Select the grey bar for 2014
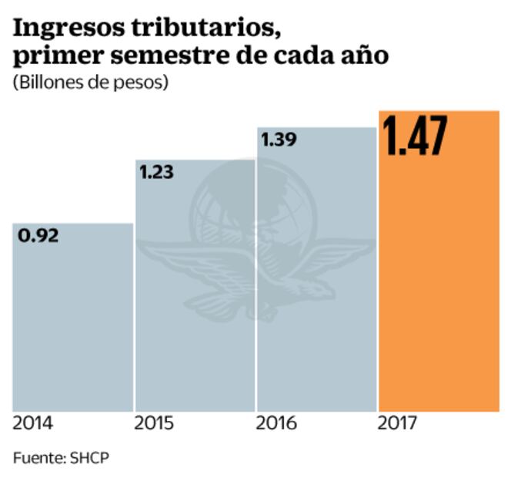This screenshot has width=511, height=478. (73, 324)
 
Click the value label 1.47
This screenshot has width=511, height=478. (415, 136)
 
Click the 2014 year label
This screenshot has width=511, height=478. (33, 423)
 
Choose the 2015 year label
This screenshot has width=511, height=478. (155, 423)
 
